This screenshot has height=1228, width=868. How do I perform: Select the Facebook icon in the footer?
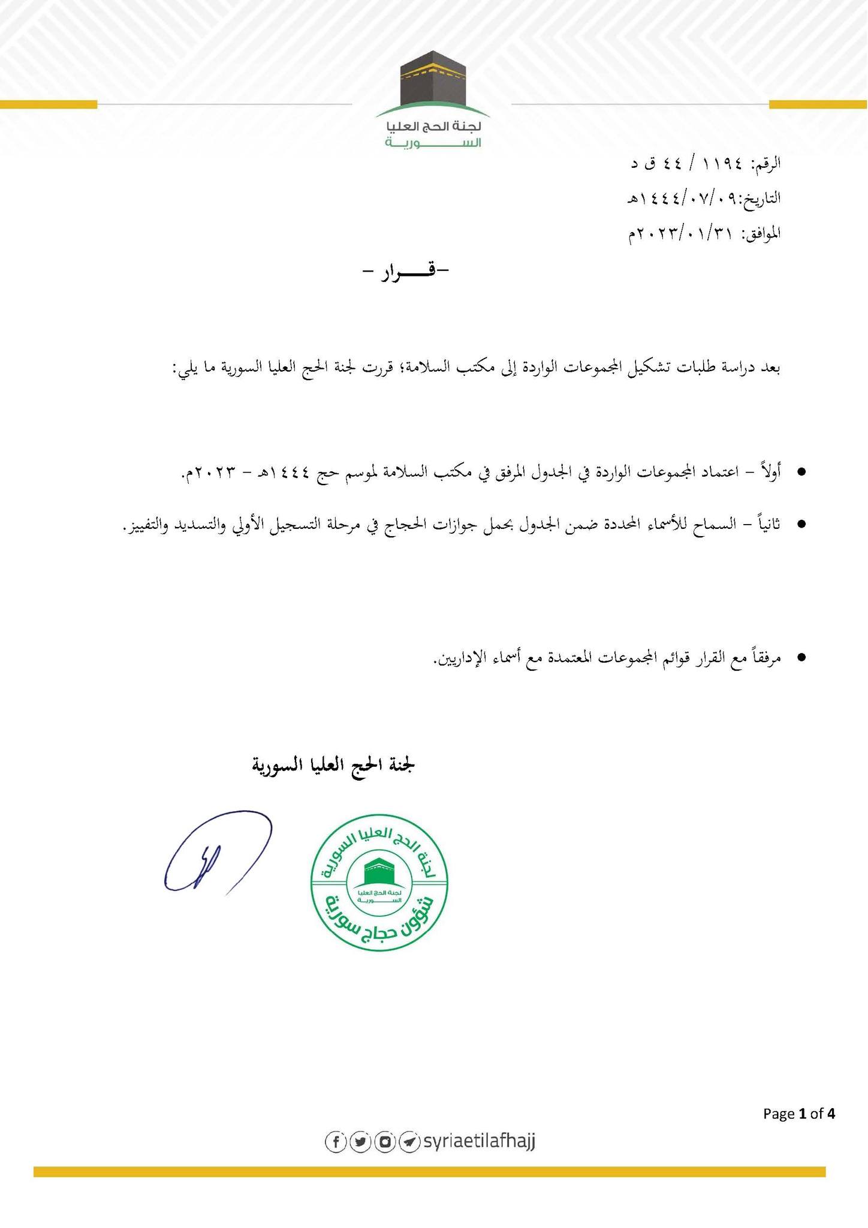(335, 1142)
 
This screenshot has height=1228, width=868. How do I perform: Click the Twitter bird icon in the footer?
(360, 1142)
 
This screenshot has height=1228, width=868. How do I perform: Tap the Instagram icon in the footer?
(384, 1142)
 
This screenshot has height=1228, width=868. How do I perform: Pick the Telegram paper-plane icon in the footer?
(409, 1142)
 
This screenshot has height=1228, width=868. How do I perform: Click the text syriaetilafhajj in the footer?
(478, 1141)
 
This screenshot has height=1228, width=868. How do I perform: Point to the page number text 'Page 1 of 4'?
(798, 1114)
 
